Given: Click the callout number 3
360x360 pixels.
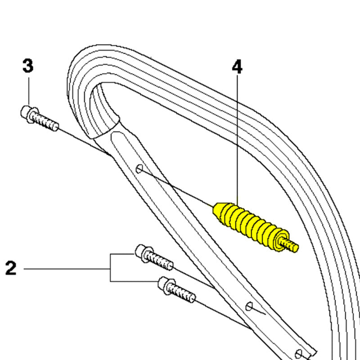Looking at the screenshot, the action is point(28,66).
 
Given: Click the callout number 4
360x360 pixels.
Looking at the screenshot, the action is point(237,67).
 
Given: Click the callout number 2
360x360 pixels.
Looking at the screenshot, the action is point(11,268).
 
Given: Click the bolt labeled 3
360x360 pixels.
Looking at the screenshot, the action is point(40,118).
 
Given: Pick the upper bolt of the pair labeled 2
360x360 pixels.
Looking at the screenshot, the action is point(154,257).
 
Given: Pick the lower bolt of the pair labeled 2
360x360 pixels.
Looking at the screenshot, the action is point(177,290).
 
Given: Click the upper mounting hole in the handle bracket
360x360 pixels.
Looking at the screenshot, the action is point(139,169).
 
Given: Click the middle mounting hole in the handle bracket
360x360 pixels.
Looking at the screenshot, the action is point(249,306).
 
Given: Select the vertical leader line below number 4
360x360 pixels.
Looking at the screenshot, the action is point(237,139).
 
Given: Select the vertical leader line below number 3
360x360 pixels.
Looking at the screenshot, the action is point(29,92).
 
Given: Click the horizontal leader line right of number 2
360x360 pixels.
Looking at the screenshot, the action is point(67,269).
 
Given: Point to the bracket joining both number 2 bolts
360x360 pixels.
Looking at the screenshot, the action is point(111,268).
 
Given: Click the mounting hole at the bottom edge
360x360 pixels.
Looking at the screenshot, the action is point(299,354).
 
